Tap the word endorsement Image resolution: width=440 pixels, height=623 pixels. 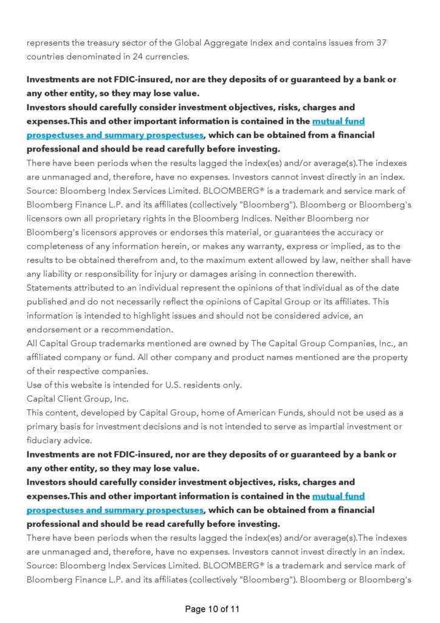(x=56, y=329)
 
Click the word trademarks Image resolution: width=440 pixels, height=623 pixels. (x=115, y=343)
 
